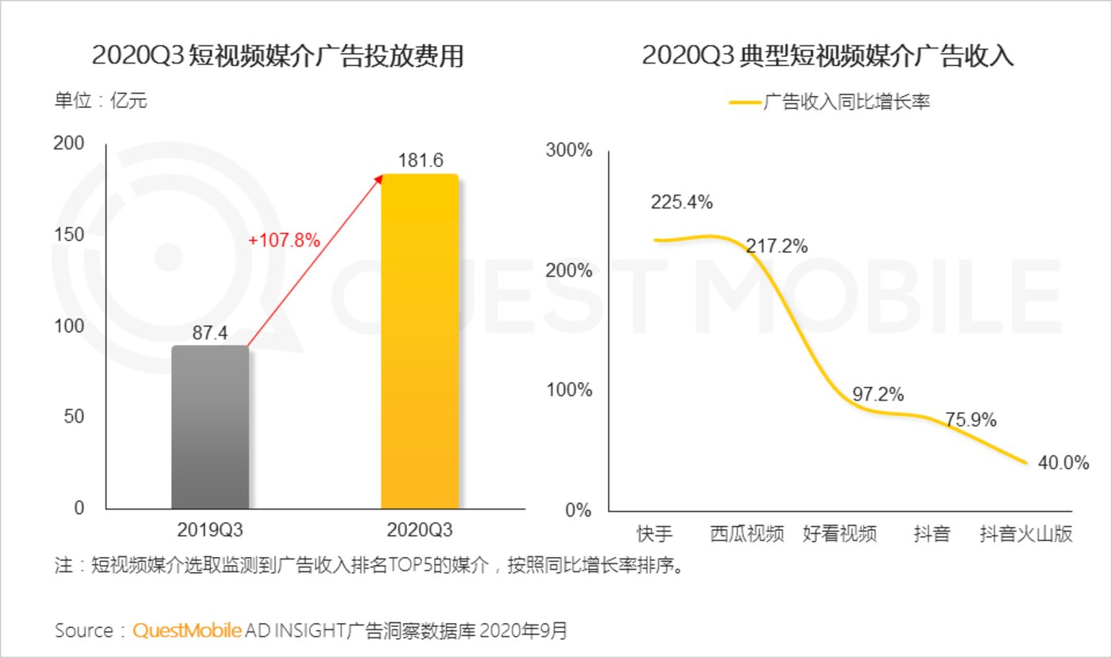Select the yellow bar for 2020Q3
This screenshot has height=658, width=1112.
420,342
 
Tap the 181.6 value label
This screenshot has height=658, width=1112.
420,160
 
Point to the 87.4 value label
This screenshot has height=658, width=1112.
210,333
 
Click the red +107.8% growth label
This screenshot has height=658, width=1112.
284,240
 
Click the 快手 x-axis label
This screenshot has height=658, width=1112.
656,533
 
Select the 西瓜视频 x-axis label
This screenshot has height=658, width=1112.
747,533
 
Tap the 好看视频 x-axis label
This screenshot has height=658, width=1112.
839,533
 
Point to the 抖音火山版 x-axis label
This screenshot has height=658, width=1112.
1025,533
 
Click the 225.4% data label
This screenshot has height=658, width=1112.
681,202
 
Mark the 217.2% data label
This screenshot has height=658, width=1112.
777,246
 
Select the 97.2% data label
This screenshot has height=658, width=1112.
878,393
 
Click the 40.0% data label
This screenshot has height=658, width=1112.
1063,463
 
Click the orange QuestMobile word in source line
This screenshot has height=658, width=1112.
187,631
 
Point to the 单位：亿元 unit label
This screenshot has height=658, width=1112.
100,102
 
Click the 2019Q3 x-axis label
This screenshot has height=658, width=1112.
210,529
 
